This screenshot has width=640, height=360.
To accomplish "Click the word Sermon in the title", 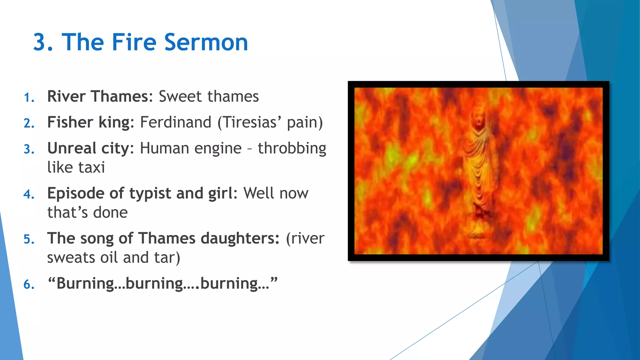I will tap(206, 42).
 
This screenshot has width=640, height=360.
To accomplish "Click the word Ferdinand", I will tap(176, 122).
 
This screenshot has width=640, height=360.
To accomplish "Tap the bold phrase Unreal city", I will tap(88, 148).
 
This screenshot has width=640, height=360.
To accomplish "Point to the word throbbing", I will tap(292, 148).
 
